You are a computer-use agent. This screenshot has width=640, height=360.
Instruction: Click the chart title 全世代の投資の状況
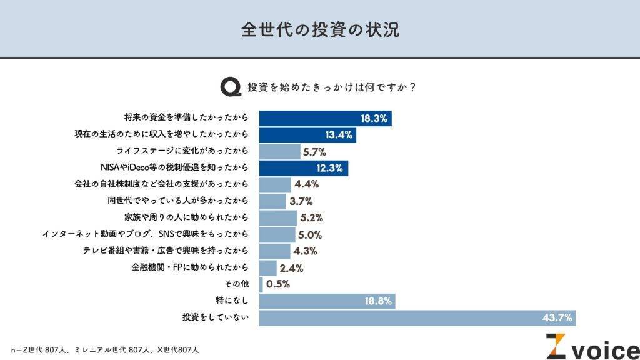[x=320, y=29]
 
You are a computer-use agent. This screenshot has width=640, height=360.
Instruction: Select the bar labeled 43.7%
[x=417, y=317]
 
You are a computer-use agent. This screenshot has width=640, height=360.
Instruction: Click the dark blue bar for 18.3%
[x=325, y=117]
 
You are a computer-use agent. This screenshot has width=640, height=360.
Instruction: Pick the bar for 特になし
[x=327, y=301]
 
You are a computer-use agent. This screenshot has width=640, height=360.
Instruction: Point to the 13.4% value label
[x=339, y=134]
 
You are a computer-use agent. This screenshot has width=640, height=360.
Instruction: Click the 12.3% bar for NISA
[x=303, y=167]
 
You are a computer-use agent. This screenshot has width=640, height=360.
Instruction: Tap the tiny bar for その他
[x=261, y=284]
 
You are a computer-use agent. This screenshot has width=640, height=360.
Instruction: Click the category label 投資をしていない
[x=216, y=318]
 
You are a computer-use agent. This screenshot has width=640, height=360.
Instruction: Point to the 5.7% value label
[x=314, y=151]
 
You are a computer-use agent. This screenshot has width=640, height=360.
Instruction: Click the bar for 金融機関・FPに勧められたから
[x=267, y=268]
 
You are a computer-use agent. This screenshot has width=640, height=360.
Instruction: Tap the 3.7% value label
[x=301, y=201]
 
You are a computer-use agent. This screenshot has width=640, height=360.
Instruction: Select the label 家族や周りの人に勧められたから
[x=187, y=217]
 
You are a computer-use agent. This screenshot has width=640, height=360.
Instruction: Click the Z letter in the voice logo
[x=555, y=347]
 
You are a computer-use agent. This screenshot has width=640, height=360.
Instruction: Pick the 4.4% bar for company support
[x=275, y=184]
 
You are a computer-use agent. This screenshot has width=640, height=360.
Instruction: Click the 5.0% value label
[x=309, y=234]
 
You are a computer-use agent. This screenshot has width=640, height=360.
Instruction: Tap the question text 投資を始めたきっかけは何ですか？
[x=331, y=87]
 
